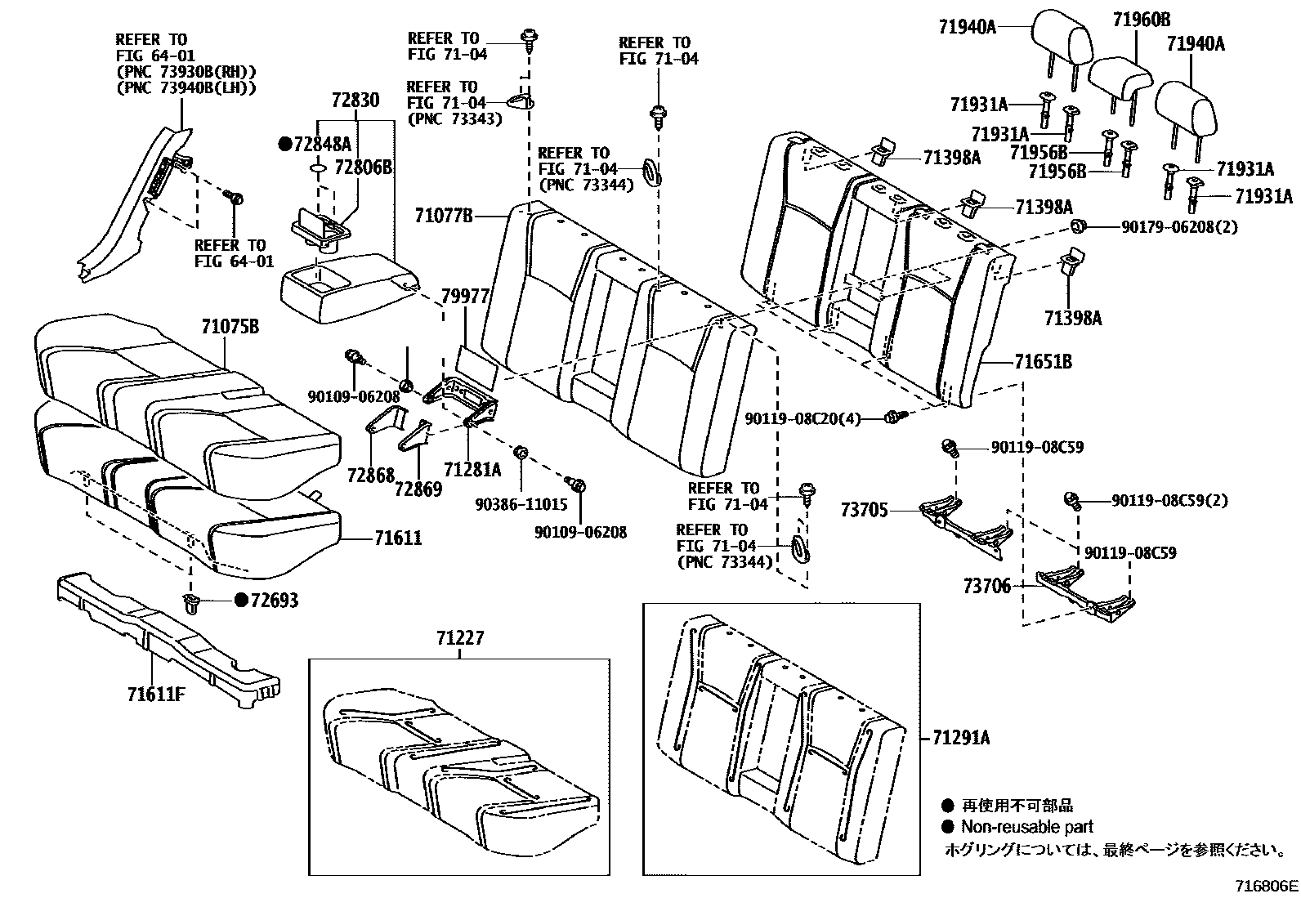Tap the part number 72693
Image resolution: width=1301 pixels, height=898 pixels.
(274, 601)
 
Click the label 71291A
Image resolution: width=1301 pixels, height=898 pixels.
(960, 738)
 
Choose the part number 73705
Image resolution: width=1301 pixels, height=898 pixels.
(864, 510)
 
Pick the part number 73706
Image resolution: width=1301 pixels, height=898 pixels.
(986, 586)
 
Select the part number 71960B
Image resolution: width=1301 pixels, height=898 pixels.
(1140, 20)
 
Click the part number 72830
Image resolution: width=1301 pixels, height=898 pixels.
(355, 101)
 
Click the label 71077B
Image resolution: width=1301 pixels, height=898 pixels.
(444, 216)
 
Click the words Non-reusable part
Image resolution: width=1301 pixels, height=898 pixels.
(1026, 827)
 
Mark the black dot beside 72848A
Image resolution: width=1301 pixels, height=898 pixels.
(284, 145)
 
